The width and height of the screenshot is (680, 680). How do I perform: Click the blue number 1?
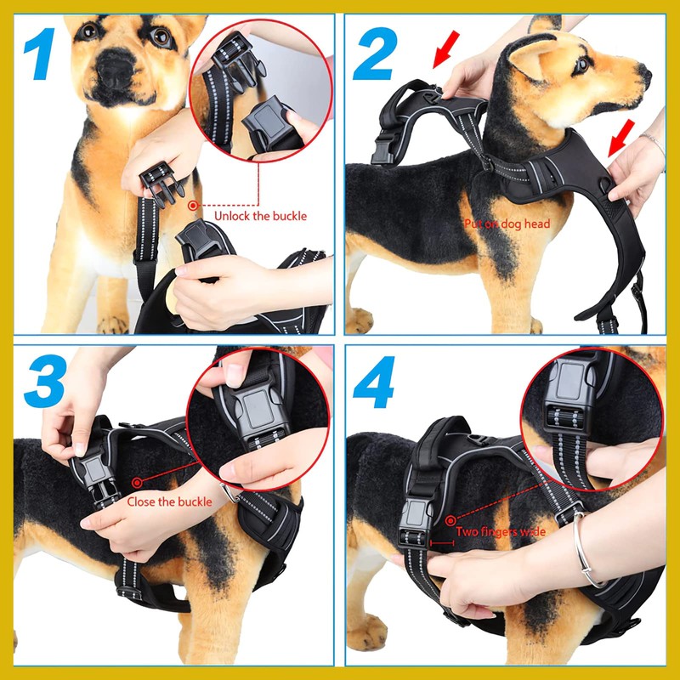click(40, 54)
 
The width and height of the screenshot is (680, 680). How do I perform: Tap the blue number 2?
click(376, 54)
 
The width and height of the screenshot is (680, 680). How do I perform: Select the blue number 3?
click(46, 381)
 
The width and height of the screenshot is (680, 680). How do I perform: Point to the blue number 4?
click(374, 382)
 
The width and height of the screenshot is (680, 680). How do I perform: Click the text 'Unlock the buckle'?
click(260, 216)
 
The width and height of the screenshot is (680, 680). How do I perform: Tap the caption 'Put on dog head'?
click(507, 224)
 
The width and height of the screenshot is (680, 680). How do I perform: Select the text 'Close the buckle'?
click(169, 501)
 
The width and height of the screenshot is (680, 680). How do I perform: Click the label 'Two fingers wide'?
click(501, 532)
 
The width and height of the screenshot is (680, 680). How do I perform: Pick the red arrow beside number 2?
click(445, 49)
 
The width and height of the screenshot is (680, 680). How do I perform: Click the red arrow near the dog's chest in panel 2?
click(621, 138)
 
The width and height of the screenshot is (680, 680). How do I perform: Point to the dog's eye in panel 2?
click(582, 65)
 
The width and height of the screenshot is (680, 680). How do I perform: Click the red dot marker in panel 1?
click(193, 206)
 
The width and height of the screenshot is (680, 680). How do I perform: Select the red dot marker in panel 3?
click(137, 482)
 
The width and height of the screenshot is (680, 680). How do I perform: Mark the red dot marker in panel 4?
click(450, 519)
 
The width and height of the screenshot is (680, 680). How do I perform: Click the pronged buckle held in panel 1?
click(161, 183)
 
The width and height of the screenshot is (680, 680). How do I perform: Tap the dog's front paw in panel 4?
click(366, 632)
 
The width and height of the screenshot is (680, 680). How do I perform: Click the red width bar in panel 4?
click(442, 542)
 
